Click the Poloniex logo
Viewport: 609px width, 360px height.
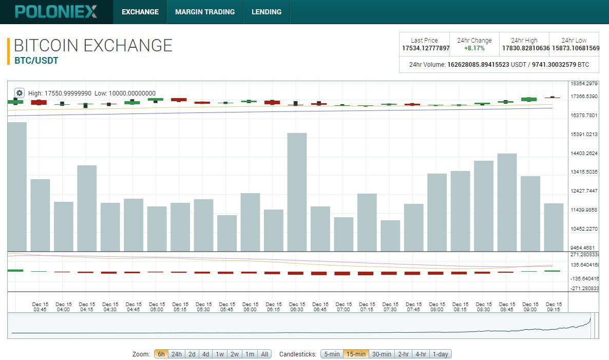[x=56, y=12]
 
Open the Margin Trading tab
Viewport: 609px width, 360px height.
[x=205, y=12]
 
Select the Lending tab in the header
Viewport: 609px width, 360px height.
[x=267, y=12]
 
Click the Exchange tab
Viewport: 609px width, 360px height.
[x=140, y=12]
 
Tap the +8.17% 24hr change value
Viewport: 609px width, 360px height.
[x=474, y=48]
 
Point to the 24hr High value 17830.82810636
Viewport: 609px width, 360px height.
[x=525, y=48]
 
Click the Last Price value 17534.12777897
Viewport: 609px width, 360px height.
[x=426, y=48]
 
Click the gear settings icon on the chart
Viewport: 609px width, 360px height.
[x=20, y=93]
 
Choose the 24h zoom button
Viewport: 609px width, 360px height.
[x=176, y=354]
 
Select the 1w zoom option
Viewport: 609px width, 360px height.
[x=220, y=354]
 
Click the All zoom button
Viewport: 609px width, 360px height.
[x=264, y=354]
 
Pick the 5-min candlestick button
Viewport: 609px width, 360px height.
[x=332, y=354]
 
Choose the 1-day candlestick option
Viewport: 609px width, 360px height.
[x=441, y=354]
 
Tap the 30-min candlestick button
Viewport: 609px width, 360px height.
[x=382, y=354]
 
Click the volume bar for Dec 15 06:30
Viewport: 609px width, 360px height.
[x=297, y=192]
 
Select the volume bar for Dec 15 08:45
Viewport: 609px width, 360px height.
[x=507, y=202]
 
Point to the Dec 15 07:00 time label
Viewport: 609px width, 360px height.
[x=344, y=307]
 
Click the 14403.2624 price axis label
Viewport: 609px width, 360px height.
[x=584, y=154]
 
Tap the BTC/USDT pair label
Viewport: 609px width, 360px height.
[x=36, y=61]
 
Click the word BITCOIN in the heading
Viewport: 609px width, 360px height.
[x=46, y=45]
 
